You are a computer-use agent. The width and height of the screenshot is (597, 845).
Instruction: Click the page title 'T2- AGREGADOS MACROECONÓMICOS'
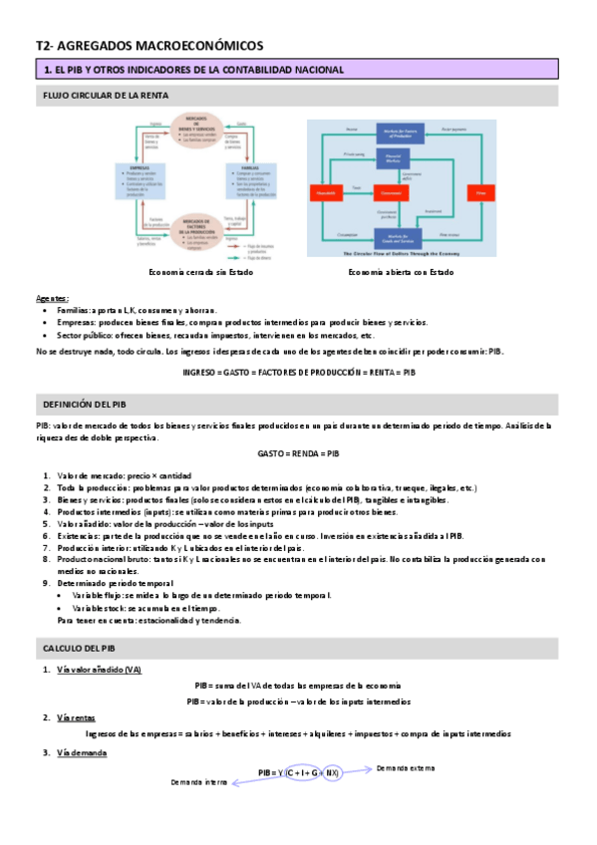click(x=149, y=45)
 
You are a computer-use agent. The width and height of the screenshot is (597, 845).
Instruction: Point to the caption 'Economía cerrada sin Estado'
click(x=193, y=272)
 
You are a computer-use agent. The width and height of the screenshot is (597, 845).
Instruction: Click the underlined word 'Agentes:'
click(x=53, y=298)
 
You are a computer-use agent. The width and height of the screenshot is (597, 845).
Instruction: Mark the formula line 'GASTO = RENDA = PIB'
click(x=298, y=453)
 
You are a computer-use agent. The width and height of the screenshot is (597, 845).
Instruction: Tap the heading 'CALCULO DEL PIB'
click(x=80, y=649)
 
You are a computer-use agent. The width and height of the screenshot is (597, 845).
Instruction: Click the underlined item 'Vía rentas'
click(x=77, y=717)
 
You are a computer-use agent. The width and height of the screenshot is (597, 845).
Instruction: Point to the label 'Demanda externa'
click(x=406, y=768)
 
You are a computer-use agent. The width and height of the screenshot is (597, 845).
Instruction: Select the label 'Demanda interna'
click(x=199, y=783)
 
